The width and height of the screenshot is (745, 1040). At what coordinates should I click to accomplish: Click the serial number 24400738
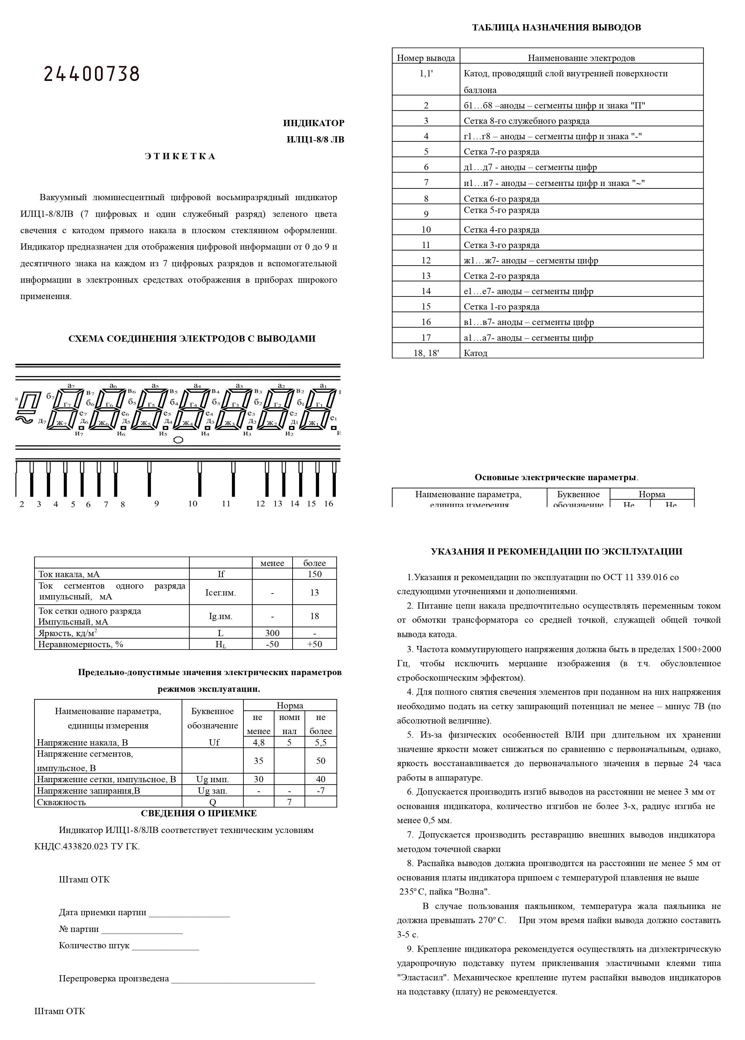91,74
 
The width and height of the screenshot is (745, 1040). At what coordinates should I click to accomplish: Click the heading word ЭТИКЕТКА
180,156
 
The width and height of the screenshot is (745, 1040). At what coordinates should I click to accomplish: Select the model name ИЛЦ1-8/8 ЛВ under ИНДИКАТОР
315,140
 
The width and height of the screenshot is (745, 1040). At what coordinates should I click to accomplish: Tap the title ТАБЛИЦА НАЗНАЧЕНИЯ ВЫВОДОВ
556,28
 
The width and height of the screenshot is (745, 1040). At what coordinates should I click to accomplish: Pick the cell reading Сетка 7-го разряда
501,152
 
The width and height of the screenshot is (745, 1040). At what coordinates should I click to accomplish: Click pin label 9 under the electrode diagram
156,503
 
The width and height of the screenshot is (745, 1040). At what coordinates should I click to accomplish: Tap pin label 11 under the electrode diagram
226,503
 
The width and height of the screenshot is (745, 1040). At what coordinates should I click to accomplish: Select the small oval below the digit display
179,440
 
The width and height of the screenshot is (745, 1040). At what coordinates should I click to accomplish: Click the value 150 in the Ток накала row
314,574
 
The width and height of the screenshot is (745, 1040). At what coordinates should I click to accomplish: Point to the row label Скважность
62,802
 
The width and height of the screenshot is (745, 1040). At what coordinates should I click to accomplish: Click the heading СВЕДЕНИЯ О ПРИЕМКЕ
198,813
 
